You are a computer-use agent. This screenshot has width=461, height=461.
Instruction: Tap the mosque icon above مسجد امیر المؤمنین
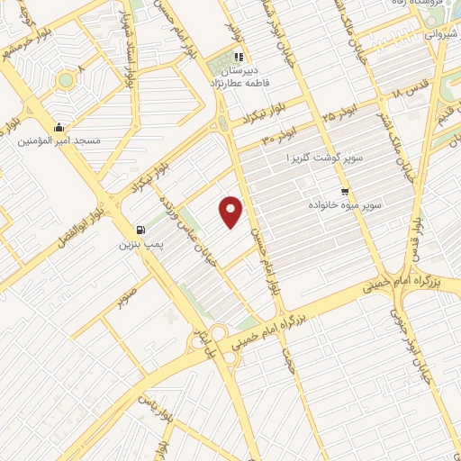point(59,127)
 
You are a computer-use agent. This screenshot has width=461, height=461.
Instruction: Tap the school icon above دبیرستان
point(239,57)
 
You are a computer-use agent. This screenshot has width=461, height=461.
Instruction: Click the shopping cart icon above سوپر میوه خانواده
point(345,192)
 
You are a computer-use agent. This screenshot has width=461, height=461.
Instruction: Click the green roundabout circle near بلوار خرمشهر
point(65,79)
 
